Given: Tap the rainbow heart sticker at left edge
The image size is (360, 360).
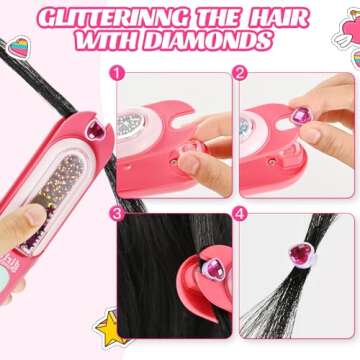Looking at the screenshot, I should [19, 51].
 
